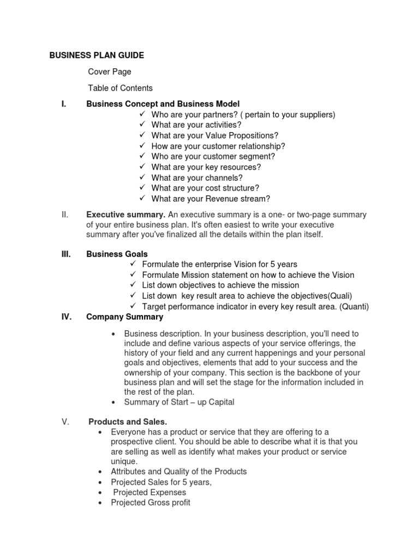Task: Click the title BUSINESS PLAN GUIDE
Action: pos(97,55)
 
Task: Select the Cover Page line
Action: pos(110,72)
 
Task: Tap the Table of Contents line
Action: pos(120,88)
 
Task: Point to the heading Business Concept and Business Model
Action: pos(163,104)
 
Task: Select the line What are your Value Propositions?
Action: pos(214,135)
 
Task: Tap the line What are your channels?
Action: pos(197,177)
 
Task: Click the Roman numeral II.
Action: pos(64,215)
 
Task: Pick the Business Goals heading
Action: pos(117,254)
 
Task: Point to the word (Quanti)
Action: pos(354,306)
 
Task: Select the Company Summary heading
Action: pos(124,317)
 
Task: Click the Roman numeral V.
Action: pos(64,421)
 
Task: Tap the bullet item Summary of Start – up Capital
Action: pos(179,402)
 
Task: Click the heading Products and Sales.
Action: pos(128,421)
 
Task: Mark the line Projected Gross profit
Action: pos(151,503)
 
